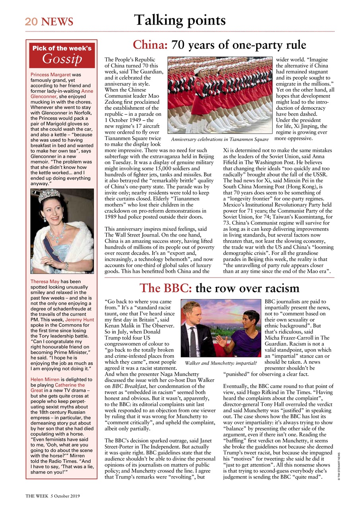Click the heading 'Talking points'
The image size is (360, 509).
pos(180,20)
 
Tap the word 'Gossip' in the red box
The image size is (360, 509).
pos(62,59)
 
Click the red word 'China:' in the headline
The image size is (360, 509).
pos(150,45)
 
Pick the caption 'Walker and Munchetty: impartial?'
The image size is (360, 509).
pos(220,363)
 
